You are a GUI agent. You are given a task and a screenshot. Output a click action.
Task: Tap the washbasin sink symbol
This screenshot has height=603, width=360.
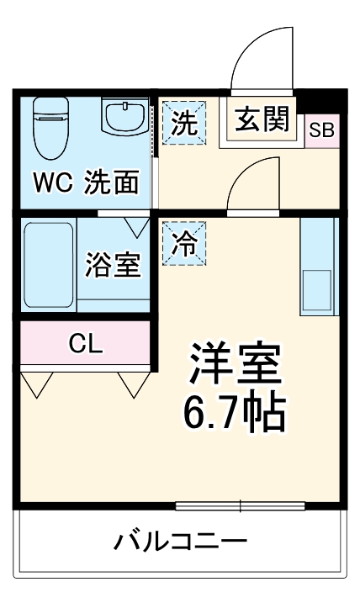coord(125,118)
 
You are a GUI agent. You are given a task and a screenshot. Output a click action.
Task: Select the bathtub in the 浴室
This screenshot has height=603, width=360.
coord(49,264)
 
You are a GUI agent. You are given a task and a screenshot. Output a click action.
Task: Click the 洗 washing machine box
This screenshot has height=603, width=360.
coord(183,123)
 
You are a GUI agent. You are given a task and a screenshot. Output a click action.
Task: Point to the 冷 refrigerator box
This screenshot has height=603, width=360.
coord(183,243)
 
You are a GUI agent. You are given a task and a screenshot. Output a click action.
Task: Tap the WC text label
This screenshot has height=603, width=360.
coord(52,183)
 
